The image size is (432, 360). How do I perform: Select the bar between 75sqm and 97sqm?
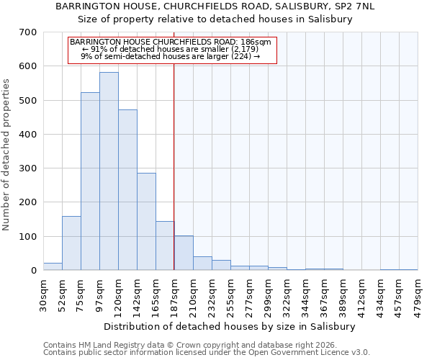90,181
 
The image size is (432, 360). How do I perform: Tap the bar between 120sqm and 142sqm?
127,190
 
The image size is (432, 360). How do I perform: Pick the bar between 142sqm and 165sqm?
146,222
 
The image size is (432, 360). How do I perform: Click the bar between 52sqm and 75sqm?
71,243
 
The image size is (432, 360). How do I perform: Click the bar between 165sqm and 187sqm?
165,246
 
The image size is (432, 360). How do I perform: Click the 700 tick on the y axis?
29,32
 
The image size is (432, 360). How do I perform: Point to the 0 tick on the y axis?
33,271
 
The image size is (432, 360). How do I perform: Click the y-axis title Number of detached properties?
6,155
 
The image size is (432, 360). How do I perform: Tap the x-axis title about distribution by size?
230,326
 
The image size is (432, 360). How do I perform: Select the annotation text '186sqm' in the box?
256,42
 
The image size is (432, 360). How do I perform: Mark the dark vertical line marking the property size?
174,166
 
